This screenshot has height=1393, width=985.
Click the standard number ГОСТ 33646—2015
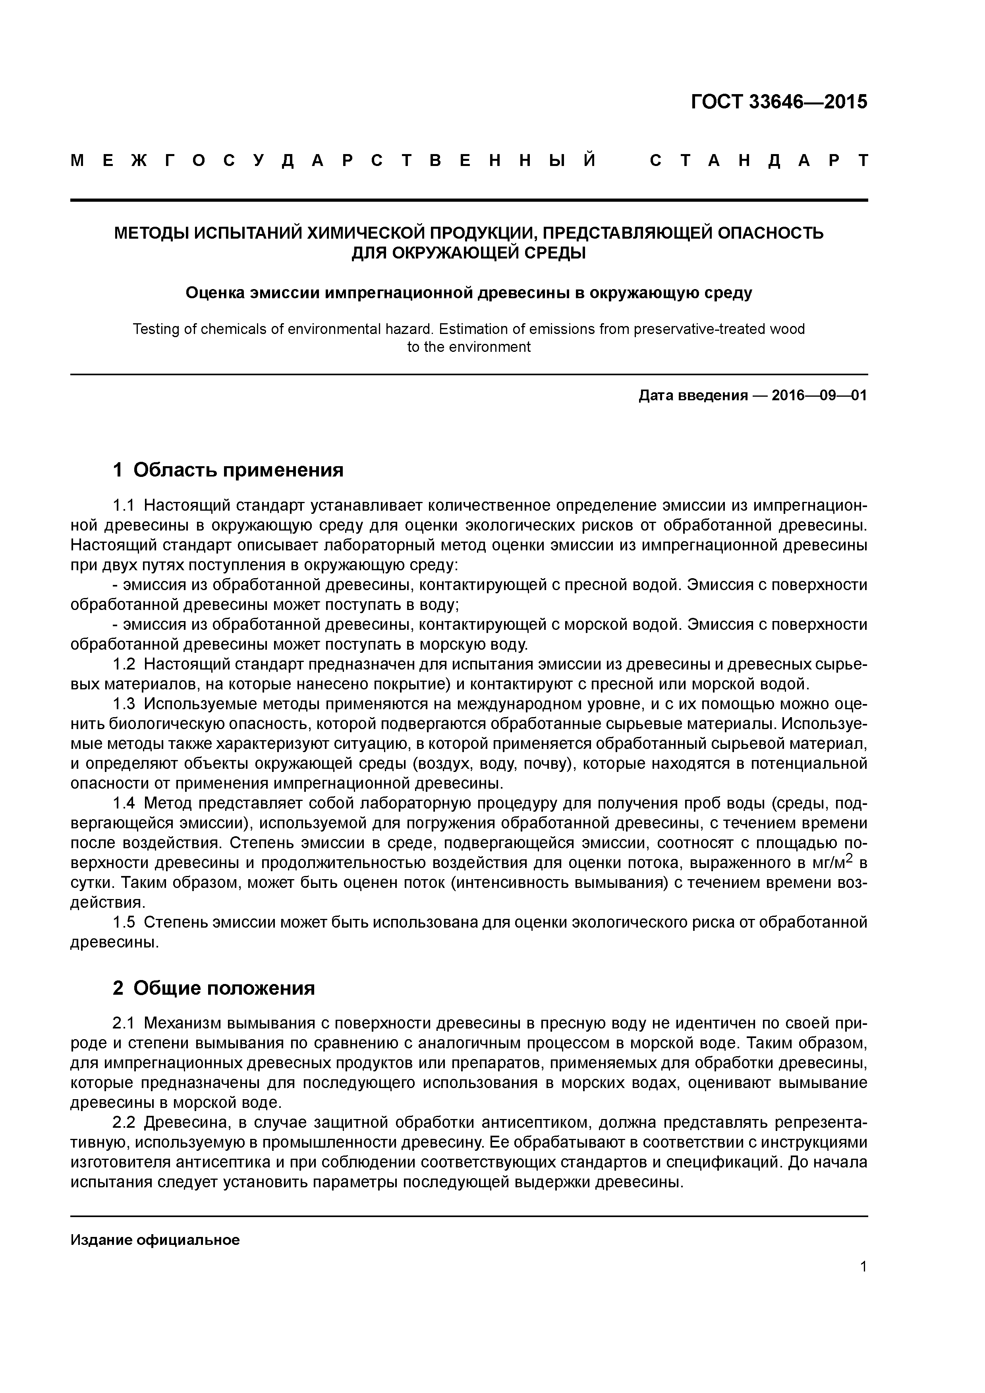(779, 102)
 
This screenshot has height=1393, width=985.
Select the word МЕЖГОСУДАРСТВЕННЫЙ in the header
(333, 161)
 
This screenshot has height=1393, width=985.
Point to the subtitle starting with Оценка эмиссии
(469, 293)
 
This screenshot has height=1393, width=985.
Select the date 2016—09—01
(819, 396)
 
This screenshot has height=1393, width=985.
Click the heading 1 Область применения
(228, 470)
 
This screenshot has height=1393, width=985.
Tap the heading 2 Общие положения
(214, 988)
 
